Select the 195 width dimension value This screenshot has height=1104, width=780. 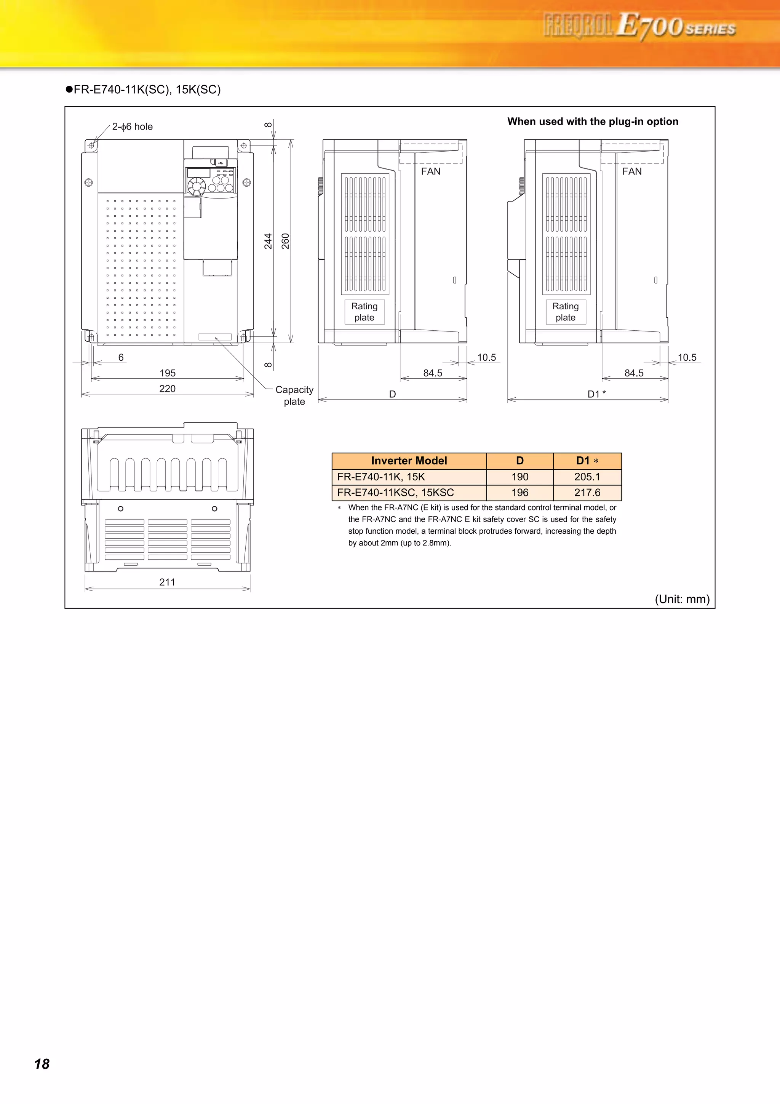click(x=167, y=373)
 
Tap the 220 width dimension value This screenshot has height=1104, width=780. click(x=167, y=389)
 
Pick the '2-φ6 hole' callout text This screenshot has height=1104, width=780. click(x=132, y=126)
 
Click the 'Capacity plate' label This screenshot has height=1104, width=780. click(x=294, y=395)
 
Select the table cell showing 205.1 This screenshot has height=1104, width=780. click(x=587, y=477)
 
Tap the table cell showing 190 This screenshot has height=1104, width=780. click(x=519, y=477)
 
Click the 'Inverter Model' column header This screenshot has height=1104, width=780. click(x=409, y=461)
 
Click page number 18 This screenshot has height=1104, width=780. click(x=42, y=1064)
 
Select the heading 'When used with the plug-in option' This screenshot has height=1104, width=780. click(x=593, y=122)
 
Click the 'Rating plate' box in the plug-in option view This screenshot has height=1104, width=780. click(x=565, y=312)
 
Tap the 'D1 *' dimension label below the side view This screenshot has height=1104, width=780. click(x=596, y=394)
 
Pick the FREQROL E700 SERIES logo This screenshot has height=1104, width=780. click(x=639, y=26)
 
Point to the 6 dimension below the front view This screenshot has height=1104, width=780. click(x=121, y=357)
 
